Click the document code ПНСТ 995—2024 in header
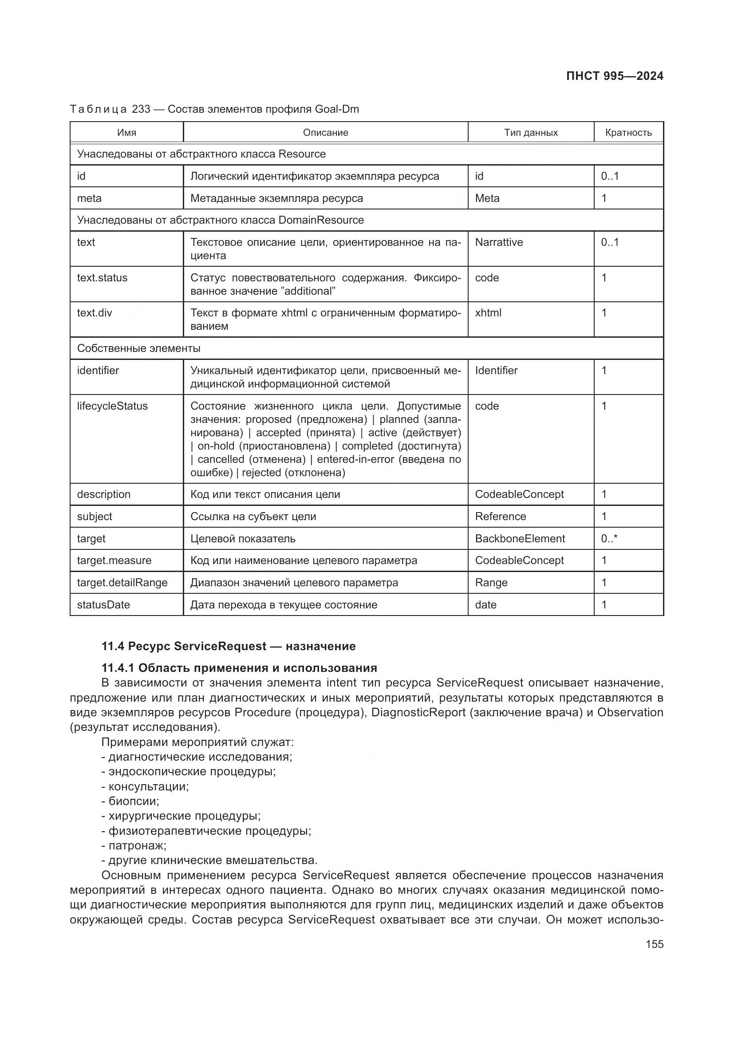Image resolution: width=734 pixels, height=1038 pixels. click(614, 76)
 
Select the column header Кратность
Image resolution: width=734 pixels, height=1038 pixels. click(628, 132)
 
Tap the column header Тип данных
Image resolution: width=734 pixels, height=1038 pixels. click(531, 132)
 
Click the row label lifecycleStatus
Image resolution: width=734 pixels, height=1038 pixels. click(112, 406)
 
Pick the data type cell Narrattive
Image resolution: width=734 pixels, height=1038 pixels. click(498, 242)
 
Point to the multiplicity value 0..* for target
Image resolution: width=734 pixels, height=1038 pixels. click(609, 538)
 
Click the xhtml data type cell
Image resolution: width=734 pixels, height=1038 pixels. click(488, 313)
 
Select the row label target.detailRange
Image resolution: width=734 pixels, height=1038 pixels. click(122, 582)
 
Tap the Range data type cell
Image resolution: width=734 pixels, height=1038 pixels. click(491, 582)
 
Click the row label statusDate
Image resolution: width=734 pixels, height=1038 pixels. click(103, 604)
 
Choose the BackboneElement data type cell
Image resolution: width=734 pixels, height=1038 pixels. click(520, 538)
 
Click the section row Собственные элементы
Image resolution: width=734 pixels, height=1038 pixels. click(138, 348)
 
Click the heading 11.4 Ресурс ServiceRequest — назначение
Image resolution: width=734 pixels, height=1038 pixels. click(228, 646)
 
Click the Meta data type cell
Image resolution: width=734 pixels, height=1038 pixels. click(487, 198)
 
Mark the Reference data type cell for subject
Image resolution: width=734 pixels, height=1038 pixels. click(500, 516)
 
